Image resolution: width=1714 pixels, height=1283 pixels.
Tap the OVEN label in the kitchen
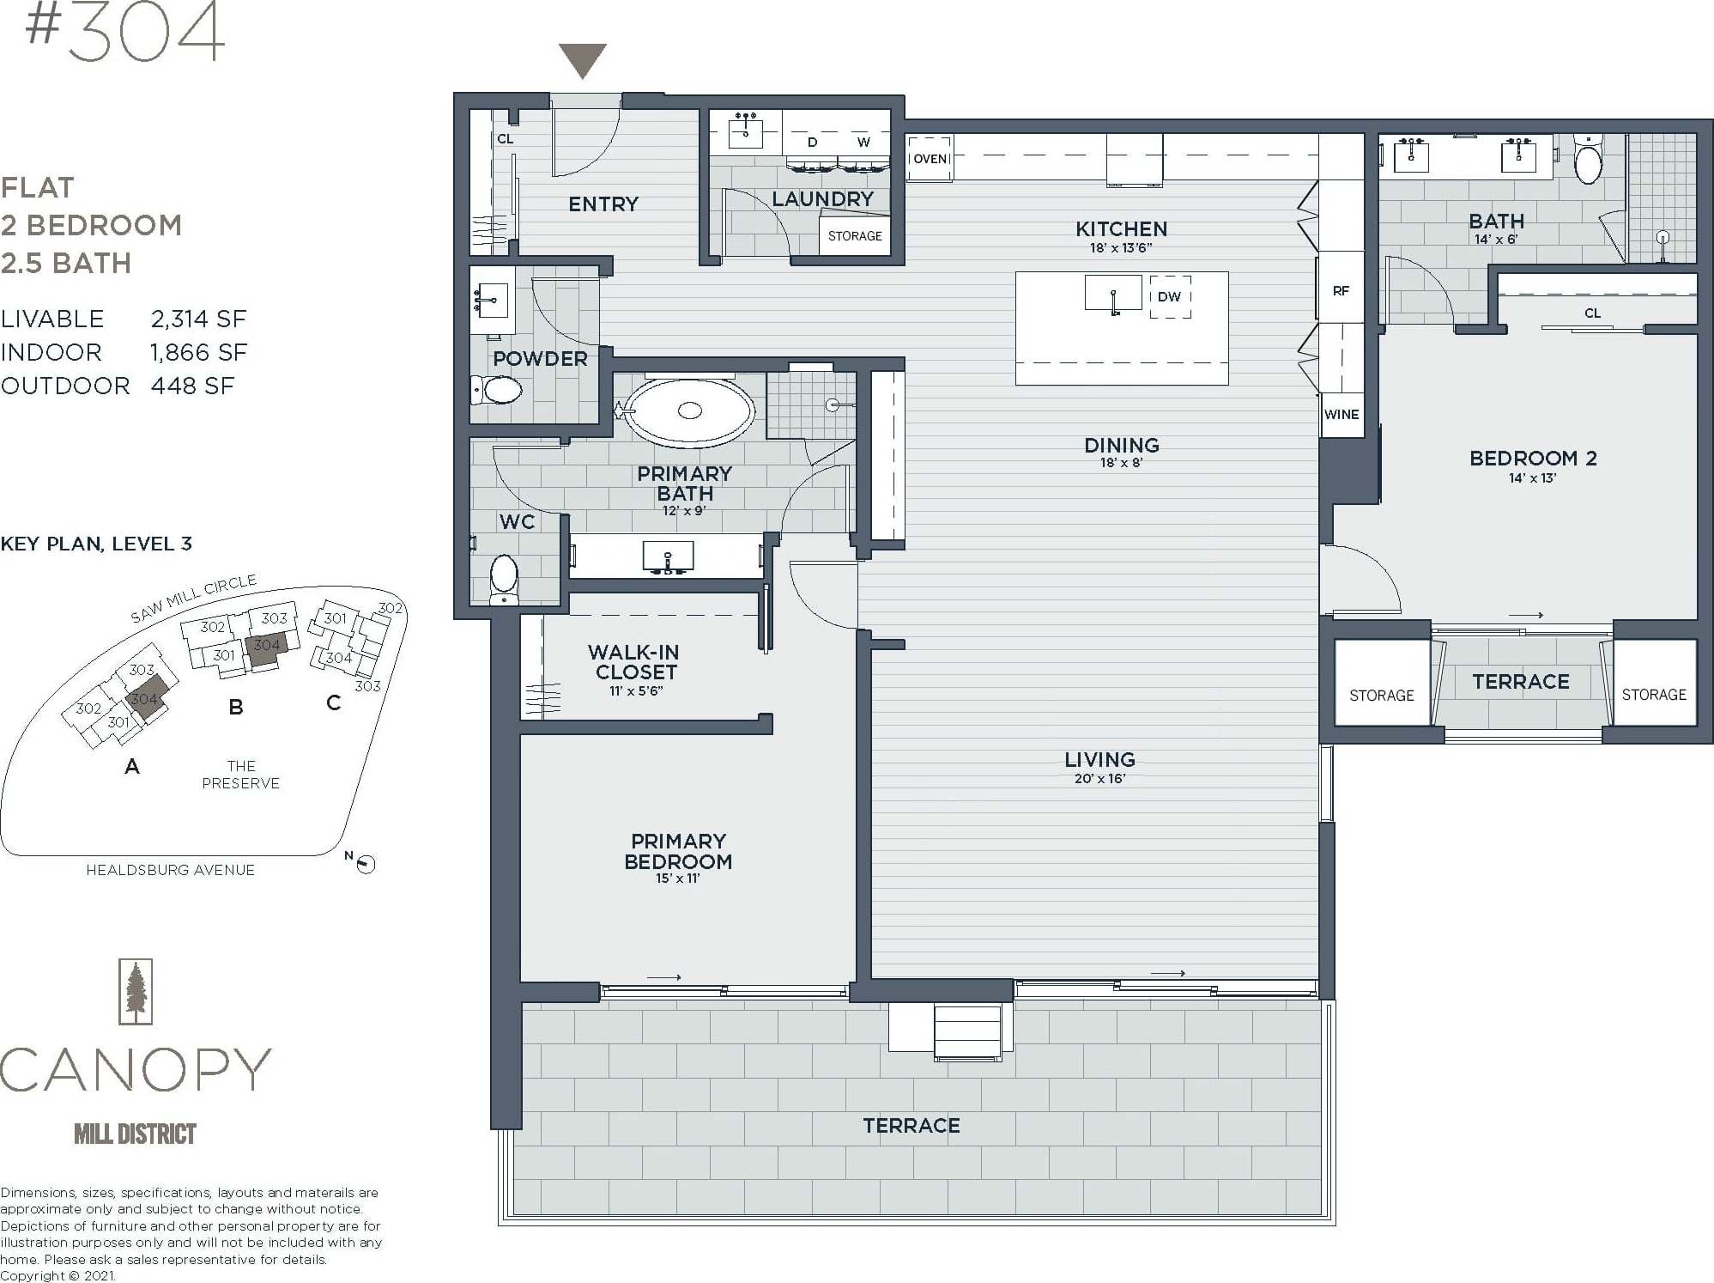pos(930,159)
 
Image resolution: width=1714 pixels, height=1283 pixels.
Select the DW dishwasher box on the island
pos(1170,297)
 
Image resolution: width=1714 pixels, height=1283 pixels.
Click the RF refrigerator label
pos(1341,291)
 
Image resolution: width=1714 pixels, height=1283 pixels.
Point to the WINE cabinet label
pos(1342,415)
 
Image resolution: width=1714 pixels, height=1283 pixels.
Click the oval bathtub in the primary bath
pos(689,410)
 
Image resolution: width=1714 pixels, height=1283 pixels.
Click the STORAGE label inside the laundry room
pos(855,236)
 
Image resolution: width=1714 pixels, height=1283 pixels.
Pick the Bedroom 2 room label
pos(1533,459)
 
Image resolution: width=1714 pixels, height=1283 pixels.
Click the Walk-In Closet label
pos(636,662)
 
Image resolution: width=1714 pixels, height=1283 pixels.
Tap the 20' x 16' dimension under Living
pos(1099,779)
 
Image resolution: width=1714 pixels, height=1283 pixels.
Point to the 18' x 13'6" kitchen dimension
pos(1121,248)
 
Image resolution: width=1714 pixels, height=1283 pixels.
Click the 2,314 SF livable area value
pos(198,319)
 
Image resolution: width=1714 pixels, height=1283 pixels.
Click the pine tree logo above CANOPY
pos(136,992)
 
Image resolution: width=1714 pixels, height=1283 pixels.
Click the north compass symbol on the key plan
pos(365,865)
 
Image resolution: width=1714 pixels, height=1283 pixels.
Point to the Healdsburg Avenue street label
pos(170,871)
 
